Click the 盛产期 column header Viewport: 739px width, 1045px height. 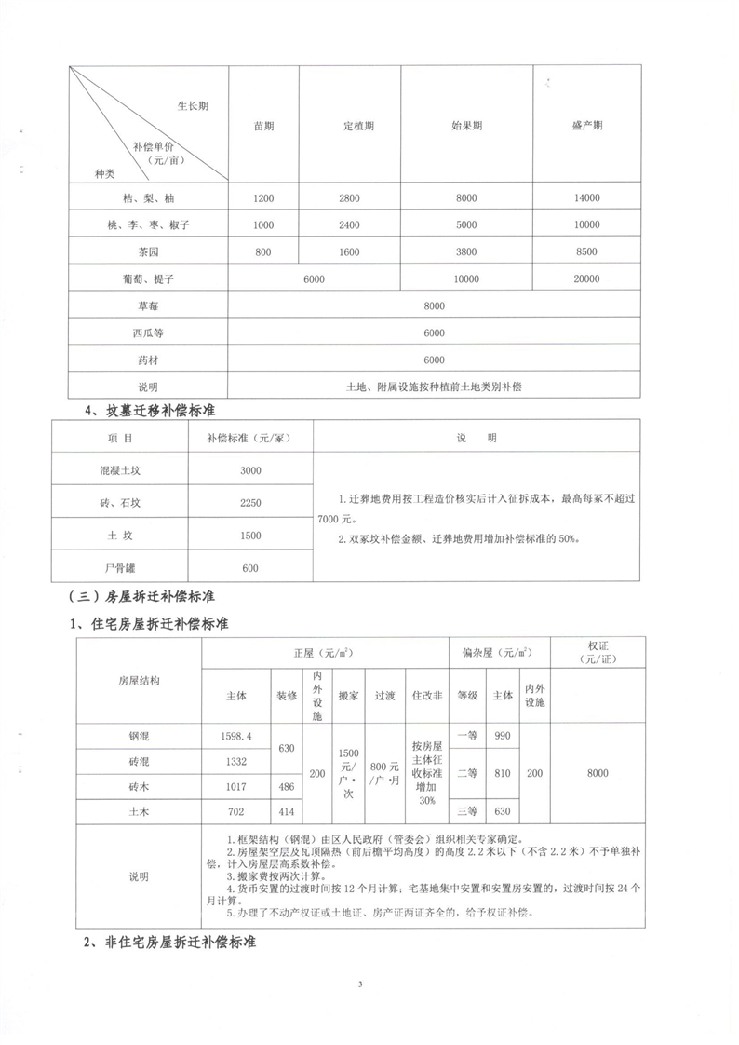586,126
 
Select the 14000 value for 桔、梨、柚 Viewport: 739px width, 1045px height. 586,198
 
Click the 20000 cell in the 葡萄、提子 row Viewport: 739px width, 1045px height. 586,279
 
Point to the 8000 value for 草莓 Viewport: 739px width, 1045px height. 434,306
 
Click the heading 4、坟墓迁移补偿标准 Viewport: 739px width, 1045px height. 151,409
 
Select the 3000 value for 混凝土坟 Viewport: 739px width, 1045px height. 250,470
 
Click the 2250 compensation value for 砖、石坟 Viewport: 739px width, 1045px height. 250,503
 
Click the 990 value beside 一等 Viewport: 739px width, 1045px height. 503,735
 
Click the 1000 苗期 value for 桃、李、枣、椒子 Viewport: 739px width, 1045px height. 263,225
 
